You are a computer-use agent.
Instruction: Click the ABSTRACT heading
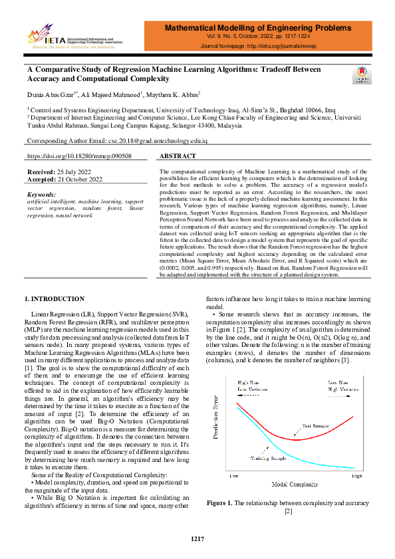(178, 156)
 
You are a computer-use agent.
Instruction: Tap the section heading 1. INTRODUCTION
(54, 299)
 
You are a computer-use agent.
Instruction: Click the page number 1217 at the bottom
(197, 539)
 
